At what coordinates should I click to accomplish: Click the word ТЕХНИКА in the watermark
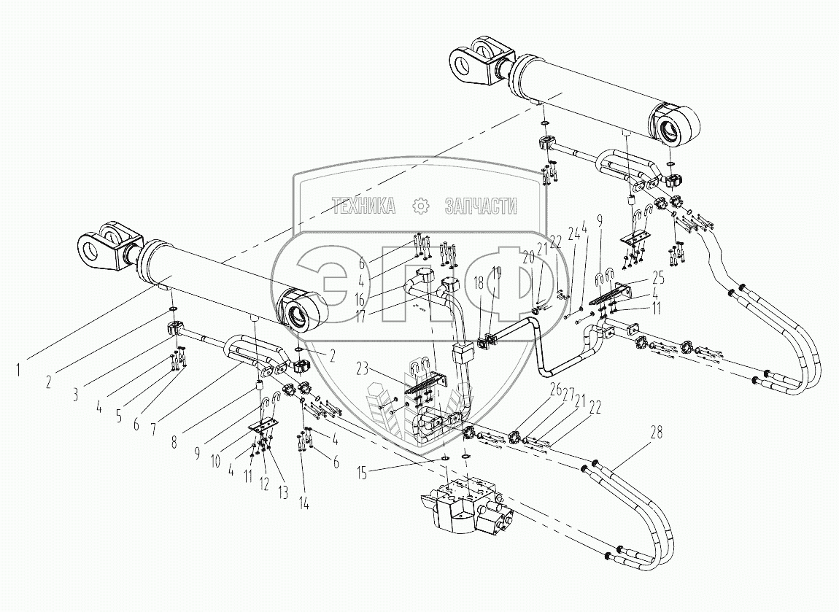(x=363, y=206)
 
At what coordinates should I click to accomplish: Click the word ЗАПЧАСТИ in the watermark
(x=481, y=206)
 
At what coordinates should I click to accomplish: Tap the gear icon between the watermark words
(x=420, y=206)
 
